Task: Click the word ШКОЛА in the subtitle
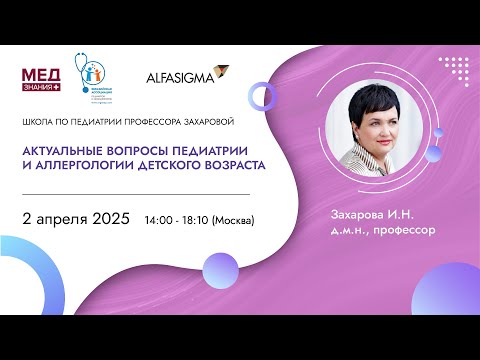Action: pos(37,122)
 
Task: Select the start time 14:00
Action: pos(159,220)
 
